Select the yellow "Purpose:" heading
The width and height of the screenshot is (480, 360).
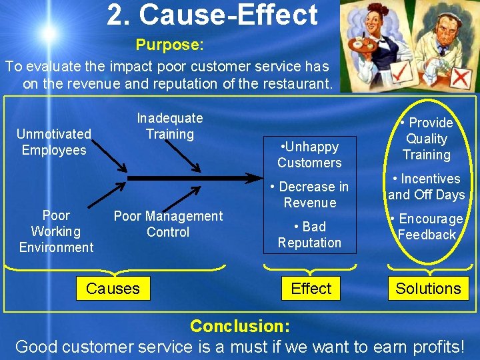pos(169,45)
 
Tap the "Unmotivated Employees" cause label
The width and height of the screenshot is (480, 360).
pos(54,142)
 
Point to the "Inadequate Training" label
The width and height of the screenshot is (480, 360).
pos(170,126)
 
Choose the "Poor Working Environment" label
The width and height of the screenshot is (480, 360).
pos(56,231)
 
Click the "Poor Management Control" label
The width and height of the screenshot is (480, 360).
pos(168,224)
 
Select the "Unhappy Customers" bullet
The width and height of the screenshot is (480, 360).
pos(309,155)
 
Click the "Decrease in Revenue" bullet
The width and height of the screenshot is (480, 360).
pos(310,195)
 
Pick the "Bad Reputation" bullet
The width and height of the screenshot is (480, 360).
pos(309,235)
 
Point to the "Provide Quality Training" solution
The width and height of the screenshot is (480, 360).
pos(427,139)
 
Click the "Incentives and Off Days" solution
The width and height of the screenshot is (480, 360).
pos(427,187)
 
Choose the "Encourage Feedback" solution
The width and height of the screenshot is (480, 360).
pos(427,227)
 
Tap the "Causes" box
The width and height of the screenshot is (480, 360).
pos(113,289)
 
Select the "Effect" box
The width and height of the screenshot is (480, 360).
pos(311,289)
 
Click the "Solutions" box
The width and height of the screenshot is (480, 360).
pos(428,289)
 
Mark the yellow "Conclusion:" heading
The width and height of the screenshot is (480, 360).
pos(240,326)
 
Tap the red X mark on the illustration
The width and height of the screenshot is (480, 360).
pos(459,78)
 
